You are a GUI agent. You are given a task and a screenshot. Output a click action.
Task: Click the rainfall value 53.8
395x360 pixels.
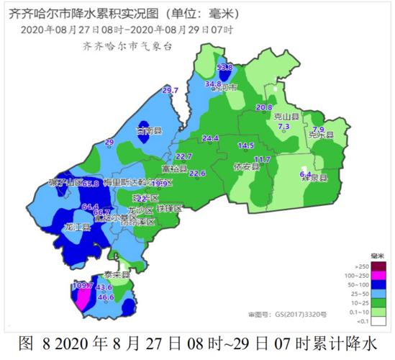(x=225, y=67)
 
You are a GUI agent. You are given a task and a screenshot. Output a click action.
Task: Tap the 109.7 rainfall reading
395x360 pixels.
(x=83, y=286)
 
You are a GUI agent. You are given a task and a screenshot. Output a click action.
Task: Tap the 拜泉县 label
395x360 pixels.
(x=314, y=177)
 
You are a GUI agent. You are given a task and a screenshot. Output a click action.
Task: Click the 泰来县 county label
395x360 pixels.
(x=115, y=274)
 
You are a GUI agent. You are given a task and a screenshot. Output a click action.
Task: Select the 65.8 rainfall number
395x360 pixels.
(x=91, y=184)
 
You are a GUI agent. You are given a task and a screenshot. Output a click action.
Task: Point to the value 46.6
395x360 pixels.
(x=106, y=297)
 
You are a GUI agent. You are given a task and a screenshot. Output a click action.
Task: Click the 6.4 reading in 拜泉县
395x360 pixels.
(x=305, y=174)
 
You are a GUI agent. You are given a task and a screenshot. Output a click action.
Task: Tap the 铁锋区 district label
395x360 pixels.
(x=171, y=208)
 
